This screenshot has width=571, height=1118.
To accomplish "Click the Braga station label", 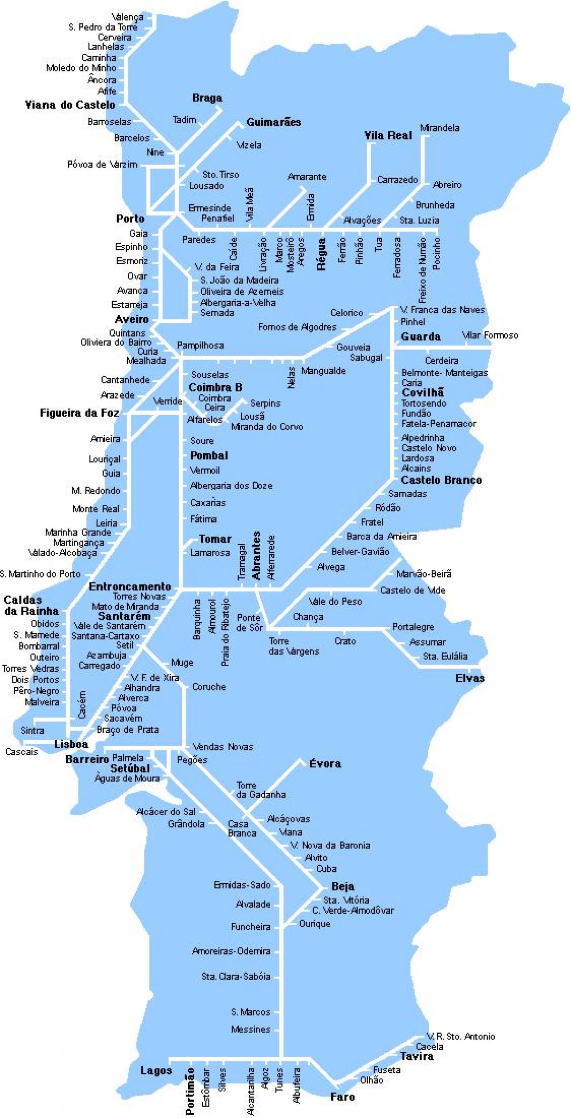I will [207, 98].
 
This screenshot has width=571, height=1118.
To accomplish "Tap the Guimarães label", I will [273, 122].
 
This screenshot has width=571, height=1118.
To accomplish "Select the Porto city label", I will [130, 219].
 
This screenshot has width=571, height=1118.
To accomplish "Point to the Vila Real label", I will [388, 136].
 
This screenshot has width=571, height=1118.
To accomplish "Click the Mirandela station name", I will [439, 128].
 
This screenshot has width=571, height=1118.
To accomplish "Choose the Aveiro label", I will [132, 319].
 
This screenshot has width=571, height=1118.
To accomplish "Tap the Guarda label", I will [421, 337].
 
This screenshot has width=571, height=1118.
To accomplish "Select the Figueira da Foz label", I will [79, 413].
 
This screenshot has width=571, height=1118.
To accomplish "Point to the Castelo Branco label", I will [441, 480].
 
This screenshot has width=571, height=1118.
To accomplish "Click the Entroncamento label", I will [129, 587].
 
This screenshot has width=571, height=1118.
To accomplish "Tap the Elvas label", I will [470, 678].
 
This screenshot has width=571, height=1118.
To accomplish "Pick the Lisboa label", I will [71, 744].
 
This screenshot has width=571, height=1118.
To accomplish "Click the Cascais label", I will [21, 752].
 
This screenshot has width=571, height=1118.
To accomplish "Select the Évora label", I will [325, 764].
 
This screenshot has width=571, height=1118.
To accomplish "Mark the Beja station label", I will [343, 887].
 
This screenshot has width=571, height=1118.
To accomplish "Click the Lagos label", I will [156, 1071].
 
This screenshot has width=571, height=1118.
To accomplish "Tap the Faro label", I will [343, 1097].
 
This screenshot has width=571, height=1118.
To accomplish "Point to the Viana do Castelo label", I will [70, 105].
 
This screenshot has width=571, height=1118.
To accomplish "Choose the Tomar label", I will [215, 539].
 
